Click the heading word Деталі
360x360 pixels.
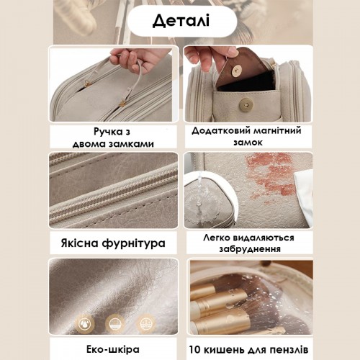pos(181,21)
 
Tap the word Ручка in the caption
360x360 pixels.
pos(105,132)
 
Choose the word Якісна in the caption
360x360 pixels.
pos(79,243)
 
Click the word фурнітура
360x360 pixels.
pos(134,244)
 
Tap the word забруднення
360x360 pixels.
pos(250,249)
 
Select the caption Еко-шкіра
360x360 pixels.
pos(113,349)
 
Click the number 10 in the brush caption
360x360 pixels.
pos(195,350)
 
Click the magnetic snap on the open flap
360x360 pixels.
pos(237,71)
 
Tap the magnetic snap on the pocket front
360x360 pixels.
pos(246,104)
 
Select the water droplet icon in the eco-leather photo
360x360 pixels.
pos(84,324)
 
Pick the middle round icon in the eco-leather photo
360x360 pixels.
pos(115,324)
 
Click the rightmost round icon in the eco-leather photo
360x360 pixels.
pos(145,324)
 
